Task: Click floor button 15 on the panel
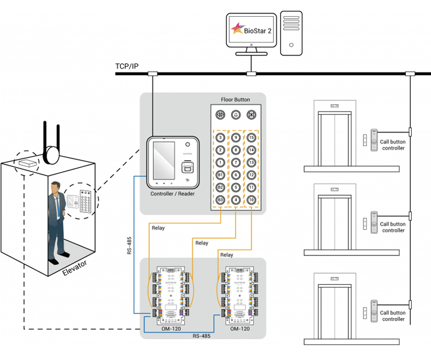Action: (251, 138)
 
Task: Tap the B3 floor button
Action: (220, 200)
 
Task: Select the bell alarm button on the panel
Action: (236, 115)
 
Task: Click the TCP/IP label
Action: (127, 66)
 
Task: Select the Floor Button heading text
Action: (236, 99)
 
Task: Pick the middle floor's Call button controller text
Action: (393, 227)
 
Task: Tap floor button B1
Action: (220, 175)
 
